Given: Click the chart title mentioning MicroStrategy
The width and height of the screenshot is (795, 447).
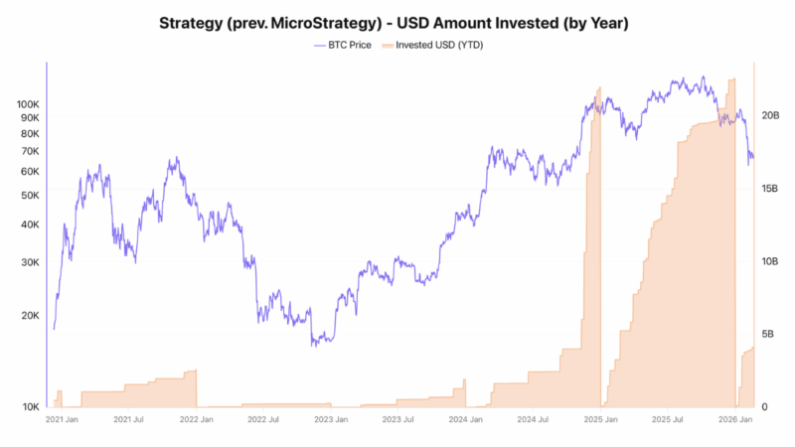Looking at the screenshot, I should (397, 22).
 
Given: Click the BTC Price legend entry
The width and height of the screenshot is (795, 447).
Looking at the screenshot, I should (344, 45).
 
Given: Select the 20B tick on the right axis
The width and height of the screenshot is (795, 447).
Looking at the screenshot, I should (770, 115).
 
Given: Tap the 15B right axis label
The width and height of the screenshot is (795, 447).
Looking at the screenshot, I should (770, 188).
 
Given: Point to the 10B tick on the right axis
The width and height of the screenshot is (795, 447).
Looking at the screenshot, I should (770, 261).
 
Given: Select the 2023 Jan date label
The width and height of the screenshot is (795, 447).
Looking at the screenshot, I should (331, 421).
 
